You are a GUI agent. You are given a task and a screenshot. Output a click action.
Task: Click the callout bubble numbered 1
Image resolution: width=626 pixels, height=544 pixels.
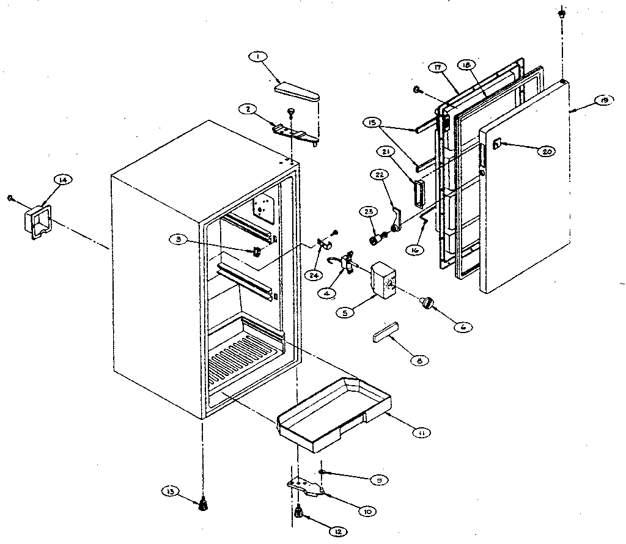(258, 57)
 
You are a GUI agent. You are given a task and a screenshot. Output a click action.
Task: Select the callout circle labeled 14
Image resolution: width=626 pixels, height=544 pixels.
(63, 179)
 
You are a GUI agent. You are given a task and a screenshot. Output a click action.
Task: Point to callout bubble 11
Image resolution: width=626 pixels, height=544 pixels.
(421, 433)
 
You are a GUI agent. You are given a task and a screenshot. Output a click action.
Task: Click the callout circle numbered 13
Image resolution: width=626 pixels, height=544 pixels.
(169, 491)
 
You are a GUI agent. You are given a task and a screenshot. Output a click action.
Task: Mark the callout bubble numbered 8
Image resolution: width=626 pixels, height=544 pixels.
(421, 361)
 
